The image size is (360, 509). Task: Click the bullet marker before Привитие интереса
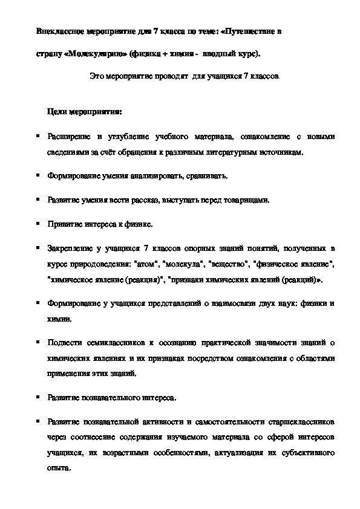point(38,223)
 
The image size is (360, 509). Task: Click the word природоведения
point(88,264)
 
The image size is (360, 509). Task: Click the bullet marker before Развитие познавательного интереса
point(38,397)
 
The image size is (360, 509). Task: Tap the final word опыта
point(57,468)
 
